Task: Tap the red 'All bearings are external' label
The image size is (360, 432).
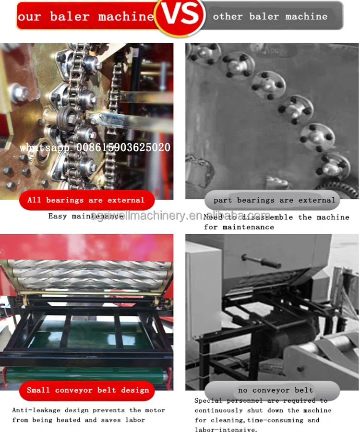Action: tap(86, 200)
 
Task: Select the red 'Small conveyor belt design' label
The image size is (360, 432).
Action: tap(88, 390)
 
